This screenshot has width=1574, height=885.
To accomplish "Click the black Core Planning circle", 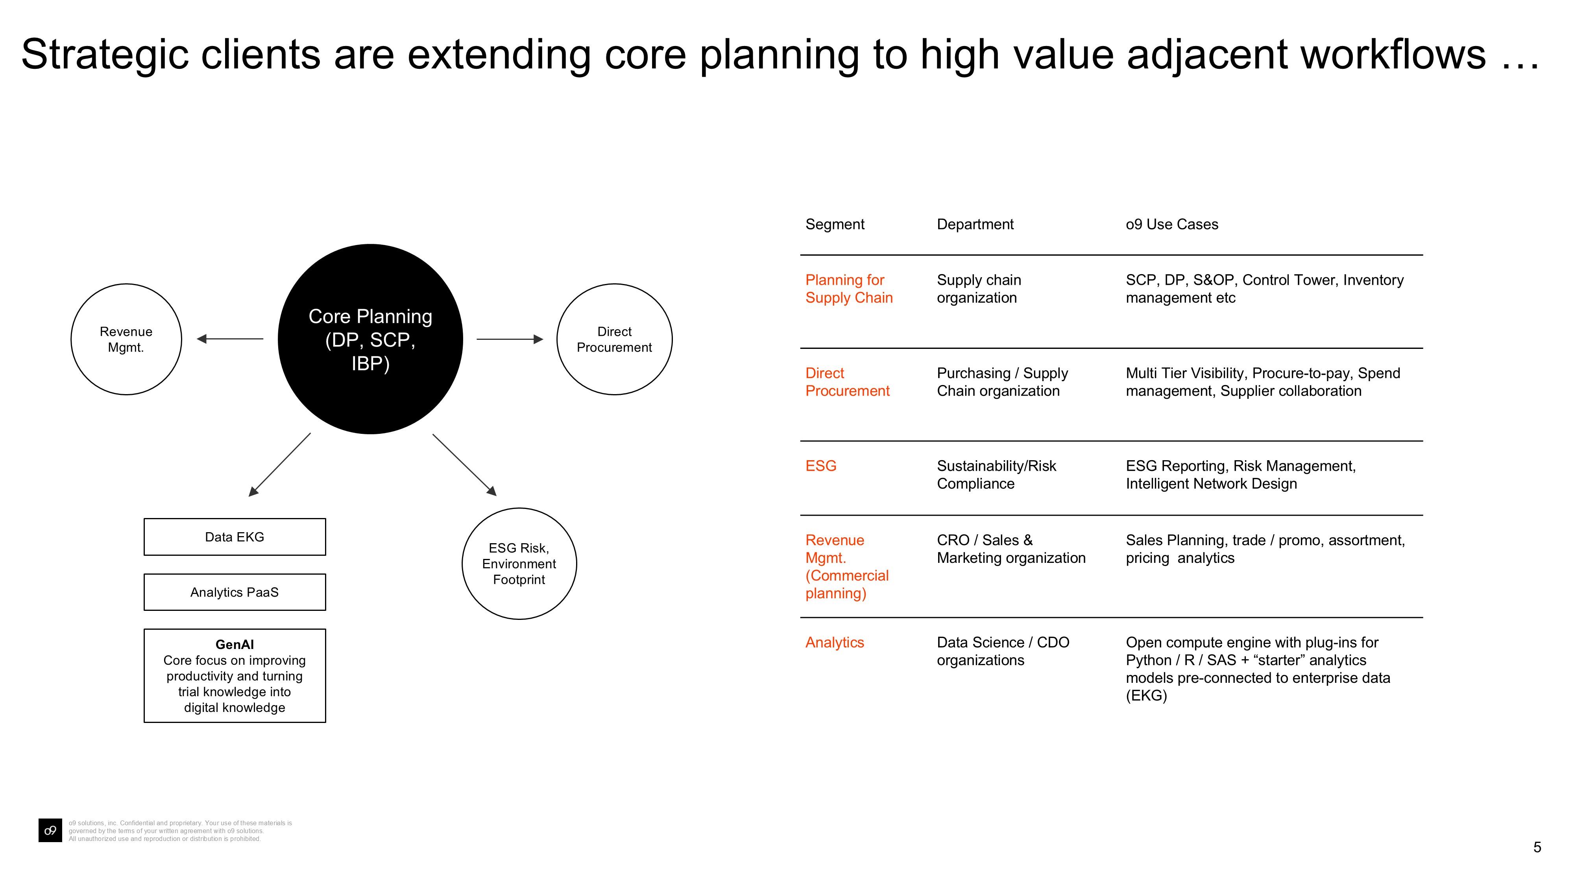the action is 370,339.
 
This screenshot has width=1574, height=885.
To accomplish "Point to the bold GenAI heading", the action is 235,644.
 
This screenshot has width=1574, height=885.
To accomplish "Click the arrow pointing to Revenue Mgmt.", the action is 230,339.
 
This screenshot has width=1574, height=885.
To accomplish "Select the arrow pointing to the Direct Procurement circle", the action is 510,339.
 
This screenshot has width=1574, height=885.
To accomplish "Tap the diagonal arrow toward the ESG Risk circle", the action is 464,465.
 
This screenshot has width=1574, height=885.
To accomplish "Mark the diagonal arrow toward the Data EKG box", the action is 280,465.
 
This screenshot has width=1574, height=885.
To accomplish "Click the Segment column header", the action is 835,224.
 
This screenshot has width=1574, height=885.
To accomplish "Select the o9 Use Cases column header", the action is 1172,224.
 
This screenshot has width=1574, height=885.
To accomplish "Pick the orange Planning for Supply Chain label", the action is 849,289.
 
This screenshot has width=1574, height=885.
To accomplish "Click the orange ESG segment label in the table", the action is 820,466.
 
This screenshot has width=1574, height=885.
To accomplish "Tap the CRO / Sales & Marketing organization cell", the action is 1011,549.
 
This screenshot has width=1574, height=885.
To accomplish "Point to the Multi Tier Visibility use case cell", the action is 1263,382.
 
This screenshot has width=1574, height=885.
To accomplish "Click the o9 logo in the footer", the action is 50,831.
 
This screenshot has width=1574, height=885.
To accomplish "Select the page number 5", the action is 1537,847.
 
